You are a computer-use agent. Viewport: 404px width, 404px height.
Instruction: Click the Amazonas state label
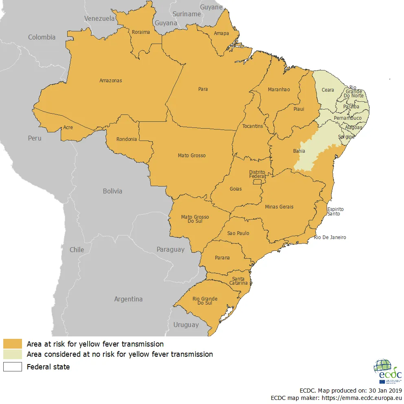tap(110, 81)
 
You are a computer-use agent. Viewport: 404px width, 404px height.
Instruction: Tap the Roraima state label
tap(141, 32)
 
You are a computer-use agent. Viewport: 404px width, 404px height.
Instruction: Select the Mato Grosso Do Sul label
tap(195, 220)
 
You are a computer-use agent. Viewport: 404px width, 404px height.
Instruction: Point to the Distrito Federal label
tap(257, 174)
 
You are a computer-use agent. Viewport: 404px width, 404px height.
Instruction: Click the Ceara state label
tap(327, 90)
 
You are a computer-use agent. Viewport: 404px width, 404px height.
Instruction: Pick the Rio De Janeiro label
tap(330, 237)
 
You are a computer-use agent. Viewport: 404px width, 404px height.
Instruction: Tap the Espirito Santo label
tap(335, 211)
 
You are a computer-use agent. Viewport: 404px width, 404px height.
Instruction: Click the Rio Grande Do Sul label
tap(205, 301)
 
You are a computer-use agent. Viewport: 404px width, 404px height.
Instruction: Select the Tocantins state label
tap(253, 126)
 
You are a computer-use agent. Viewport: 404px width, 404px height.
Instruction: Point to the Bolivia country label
tap(112, 191)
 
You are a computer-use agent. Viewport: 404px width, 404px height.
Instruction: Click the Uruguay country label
tap(186, 325)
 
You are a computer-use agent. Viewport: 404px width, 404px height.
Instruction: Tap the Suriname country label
tap(187, 14)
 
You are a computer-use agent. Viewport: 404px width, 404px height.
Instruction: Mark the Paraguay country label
tap(170, 249)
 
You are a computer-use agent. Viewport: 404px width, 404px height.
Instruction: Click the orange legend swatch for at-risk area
tap(13, 344)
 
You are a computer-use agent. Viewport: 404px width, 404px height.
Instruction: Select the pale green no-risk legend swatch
tap(13, 354)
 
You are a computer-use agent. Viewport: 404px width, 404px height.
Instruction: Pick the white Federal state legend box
tap(13, 367)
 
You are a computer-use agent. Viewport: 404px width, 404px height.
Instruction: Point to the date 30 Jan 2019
tap(382, 390)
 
